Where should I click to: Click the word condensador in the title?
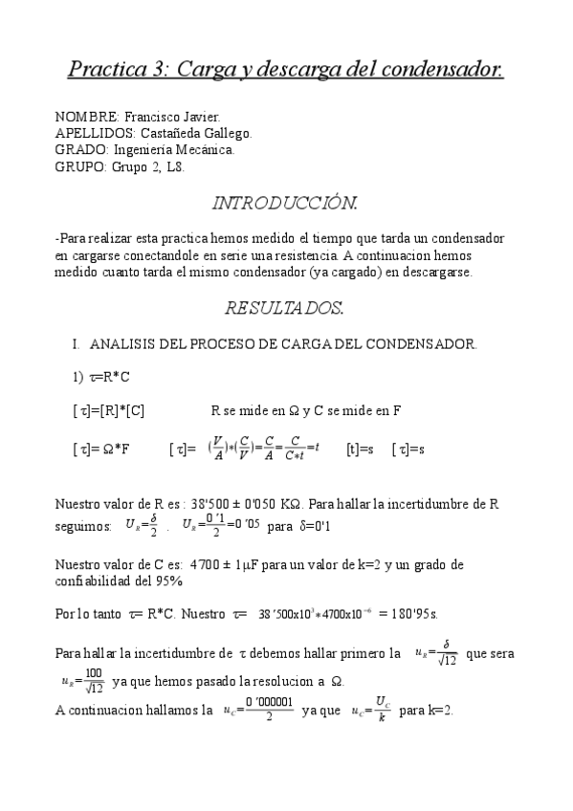pyautogui.click(x=443, y=70)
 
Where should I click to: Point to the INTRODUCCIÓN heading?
pyautogui.click(x=285, y=203)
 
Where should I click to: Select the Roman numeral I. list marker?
pyautogui.click(x=75, y=343)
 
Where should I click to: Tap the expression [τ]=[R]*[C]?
pyautogui.click(x=109, y=411)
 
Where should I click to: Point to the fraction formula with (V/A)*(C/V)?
pyautogui.click(x=262, y=448)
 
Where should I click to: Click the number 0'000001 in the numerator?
pyautogui.click(x=269, y=704)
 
